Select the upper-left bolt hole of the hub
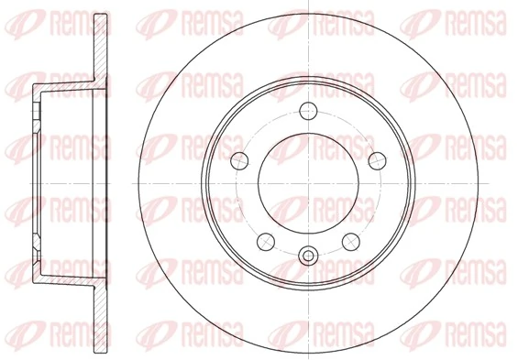(x=239, y=158)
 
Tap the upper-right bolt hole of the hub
(x=376, y=159)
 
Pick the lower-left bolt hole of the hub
(x=266, y=240)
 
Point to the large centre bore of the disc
(x=308, y=180)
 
